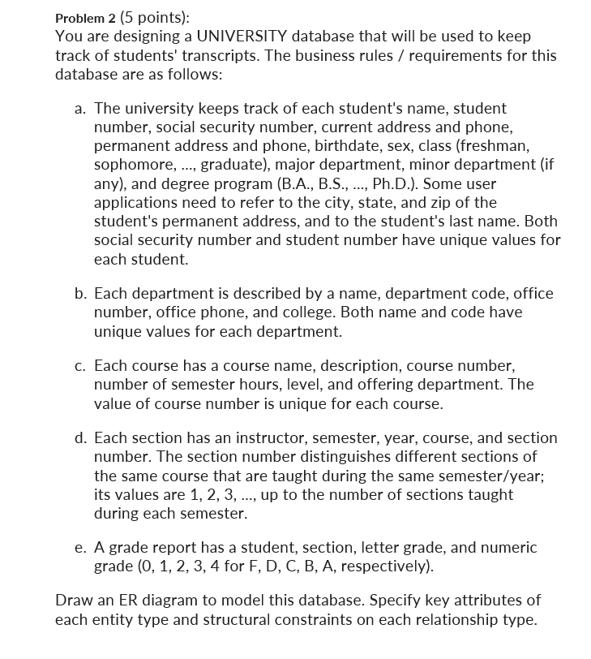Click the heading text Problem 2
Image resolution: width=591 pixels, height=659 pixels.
click(84, 18)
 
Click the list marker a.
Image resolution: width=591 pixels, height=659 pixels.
click(79, 108)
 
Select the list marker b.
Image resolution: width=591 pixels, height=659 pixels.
click(79, 293)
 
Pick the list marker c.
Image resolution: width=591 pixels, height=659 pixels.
click(79, 365)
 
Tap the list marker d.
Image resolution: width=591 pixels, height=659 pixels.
click(79, 438)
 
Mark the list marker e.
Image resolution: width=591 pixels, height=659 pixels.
click(79, 549)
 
